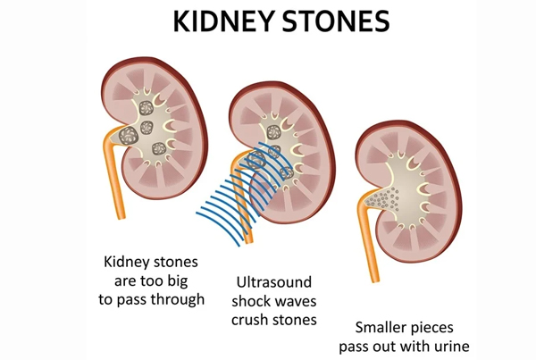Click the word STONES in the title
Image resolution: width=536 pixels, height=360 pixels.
point(337,21)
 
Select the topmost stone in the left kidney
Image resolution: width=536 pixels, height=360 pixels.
point(146,108)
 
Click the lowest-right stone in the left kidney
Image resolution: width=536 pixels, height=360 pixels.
point(159,148)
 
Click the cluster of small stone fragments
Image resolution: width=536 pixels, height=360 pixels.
point(383,199)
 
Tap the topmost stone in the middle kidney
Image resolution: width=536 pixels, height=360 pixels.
point(273,132)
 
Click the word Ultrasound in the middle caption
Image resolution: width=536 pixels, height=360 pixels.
point(274,282)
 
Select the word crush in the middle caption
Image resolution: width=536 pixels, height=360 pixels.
point(249,320)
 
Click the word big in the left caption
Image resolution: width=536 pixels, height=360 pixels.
point(178,280)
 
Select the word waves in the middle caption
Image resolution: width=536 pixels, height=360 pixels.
point(296,302)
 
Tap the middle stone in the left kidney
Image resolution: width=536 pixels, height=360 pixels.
point(147,128)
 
